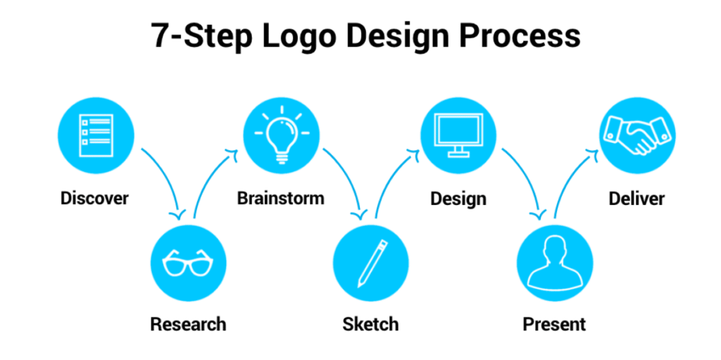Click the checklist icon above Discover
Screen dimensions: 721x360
(96, 135)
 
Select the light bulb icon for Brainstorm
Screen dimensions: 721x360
(282, 135)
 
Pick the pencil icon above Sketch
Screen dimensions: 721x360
(370, 263)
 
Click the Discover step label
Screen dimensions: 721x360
(95, 199)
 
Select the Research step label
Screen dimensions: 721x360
(188, 324)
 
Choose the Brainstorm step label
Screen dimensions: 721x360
(281, 199)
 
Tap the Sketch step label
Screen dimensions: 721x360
(370, 324)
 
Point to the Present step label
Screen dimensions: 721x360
(555, 324)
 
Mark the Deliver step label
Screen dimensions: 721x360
(637, 199)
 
